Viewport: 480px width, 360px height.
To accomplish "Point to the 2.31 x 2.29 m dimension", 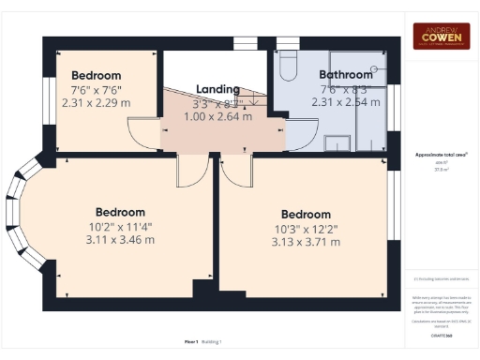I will (97, 101).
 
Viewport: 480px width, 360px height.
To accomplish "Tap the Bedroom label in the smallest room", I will (97, 75).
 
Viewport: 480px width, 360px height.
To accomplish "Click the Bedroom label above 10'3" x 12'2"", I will (306, 215).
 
